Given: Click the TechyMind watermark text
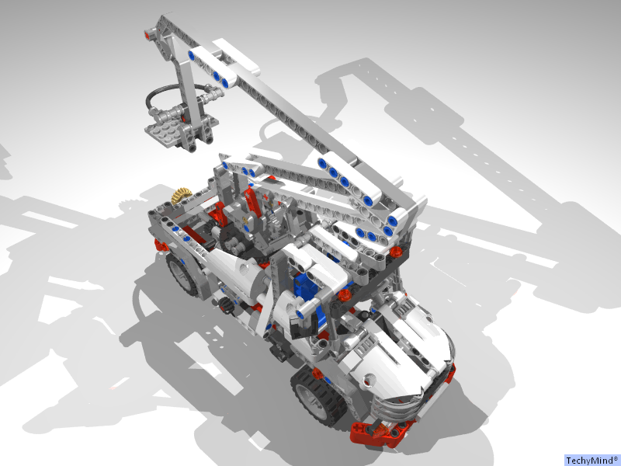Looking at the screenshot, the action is click(593, 461).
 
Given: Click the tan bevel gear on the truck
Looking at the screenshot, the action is click(182, 196).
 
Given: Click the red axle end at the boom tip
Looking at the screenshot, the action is click(147, 35).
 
